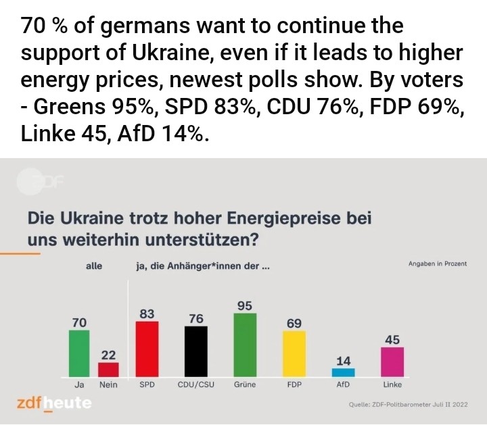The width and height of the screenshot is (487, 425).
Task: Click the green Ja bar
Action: tap(79, 354)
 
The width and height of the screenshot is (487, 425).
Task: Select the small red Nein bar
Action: tap(108, 370)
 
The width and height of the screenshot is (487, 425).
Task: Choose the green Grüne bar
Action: tap(246, 345)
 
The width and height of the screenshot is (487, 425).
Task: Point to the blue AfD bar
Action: tap(343, 372)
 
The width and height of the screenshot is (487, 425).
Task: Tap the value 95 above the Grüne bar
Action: tap(246, 306)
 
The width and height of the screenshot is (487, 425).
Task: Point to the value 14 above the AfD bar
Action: tap(343, 361)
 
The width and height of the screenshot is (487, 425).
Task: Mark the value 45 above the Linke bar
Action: tap(392, 340)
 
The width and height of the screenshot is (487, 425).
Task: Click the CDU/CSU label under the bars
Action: tap(197, 384)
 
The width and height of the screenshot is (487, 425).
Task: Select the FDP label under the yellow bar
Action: tap(294, 384)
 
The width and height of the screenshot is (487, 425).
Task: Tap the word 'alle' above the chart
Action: tap(94, 266)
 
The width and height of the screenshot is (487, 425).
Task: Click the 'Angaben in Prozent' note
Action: tap(438, 264)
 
